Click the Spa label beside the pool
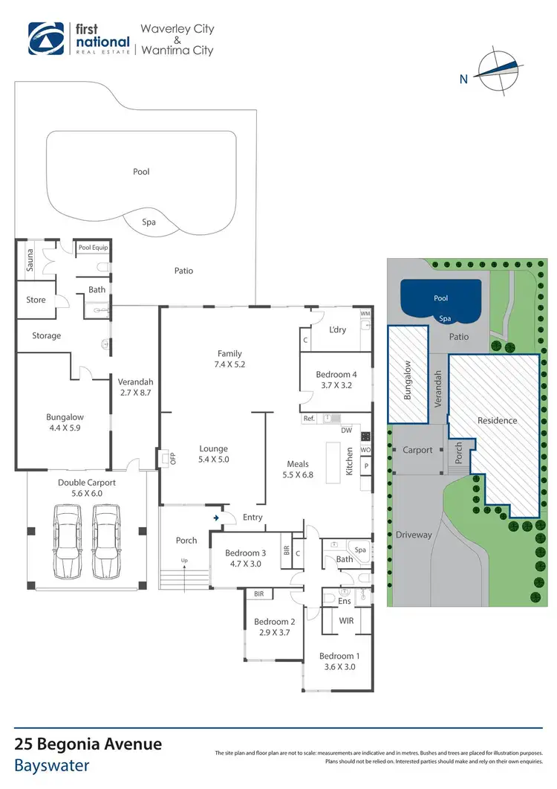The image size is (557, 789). click(x=149, y=222)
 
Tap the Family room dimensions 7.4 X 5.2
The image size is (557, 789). click(x=230, y=365)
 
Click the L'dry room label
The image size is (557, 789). click(x=339, y=329)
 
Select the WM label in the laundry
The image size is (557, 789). click(x=365, y=314)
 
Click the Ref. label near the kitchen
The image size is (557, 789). click(x=310, y=419)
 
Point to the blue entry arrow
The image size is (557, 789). click(x=216, y=517)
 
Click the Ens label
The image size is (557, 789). click(x=345, y=600)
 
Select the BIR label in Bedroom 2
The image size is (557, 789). click(x=259, y=594)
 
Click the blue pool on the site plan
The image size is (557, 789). click(x=440, y=297)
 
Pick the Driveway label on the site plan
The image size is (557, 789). click(x=414, y=535)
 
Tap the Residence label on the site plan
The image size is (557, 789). click(x=497, y=420)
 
